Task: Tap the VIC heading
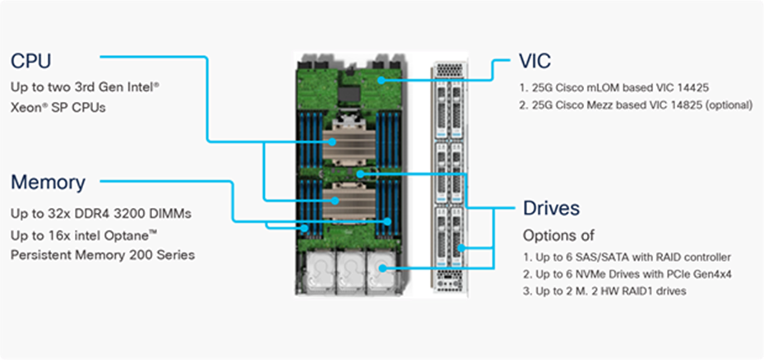[535, 62]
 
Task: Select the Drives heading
[551, 208]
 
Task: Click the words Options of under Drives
[559, 235]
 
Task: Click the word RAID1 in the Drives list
[647, 291]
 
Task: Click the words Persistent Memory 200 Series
[102, 255]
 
